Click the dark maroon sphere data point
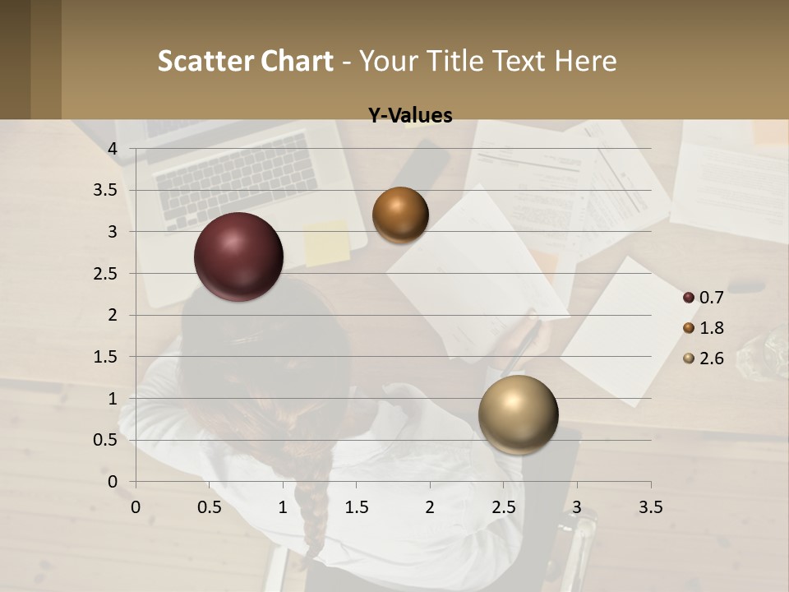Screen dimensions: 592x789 click(x=239, y=257)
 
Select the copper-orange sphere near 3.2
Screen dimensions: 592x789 click(x=400, y=215)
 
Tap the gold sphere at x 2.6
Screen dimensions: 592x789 click(x=519, y=414)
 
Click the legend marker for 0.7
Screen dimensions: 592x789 click(x=689, y=298)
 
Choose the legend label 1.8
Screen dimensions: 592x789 click(x=711, y=328)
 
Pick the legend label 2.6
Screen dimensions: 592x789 click(x=711, y=358)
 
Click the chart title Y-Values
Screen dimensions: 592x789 click(x=410, y=116)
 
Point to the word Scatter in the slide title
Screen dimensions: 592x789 click(x=205, y=61)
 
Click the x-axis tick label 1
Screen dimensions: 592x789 click(x=283, y=507)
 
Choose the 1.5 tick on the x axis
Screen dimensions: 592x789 click(x=356, y=507)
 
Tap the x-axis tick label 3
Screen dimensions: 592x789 click(x=577, y=507)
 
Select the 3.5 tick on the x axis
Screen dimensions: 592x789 click(x=650, y=507)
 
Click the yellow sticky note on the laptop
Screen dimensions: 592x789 click(x=326, y=242)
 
